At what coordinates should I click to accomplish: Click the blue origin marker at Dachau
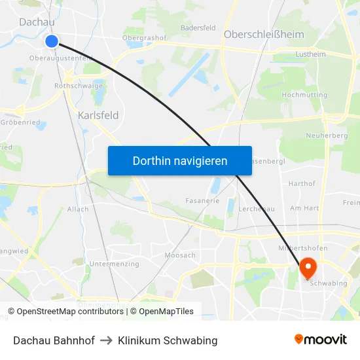click(x=52, y=41)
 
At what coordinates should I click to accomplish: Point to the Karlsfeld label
click(x=98, y=115)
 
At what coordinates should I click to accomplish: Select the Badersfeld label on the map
click(x=198, y=27)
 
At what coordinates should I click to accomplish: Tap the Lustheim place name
click(x=310, y=54)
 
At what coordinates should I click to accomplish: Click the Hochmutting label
click(x=304, y=95)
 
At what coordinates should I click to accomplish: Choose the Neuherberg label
click(x=326, y=135)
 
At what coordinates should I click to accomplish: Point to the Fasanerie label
click(x=202, y=201)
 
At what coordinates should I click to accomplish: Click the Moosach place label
click(x=180, y=255)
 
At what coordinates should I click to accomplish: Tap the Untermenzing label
click(x=114, y=264)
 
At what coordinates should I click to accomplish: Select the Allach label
click(x=78, y=209)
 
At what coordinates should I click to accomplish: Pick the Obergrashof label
click(x=144, y=38)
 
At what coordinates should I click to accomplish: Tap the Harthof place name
click(x=302, y=184)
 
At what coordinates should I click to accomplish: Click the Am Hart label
click(x=304, y=207)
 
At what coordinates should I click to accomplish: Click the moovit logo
click(x=320, y=340)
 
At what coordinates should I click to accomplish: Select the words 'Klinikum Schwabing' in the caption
click(x=168, y=340)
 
